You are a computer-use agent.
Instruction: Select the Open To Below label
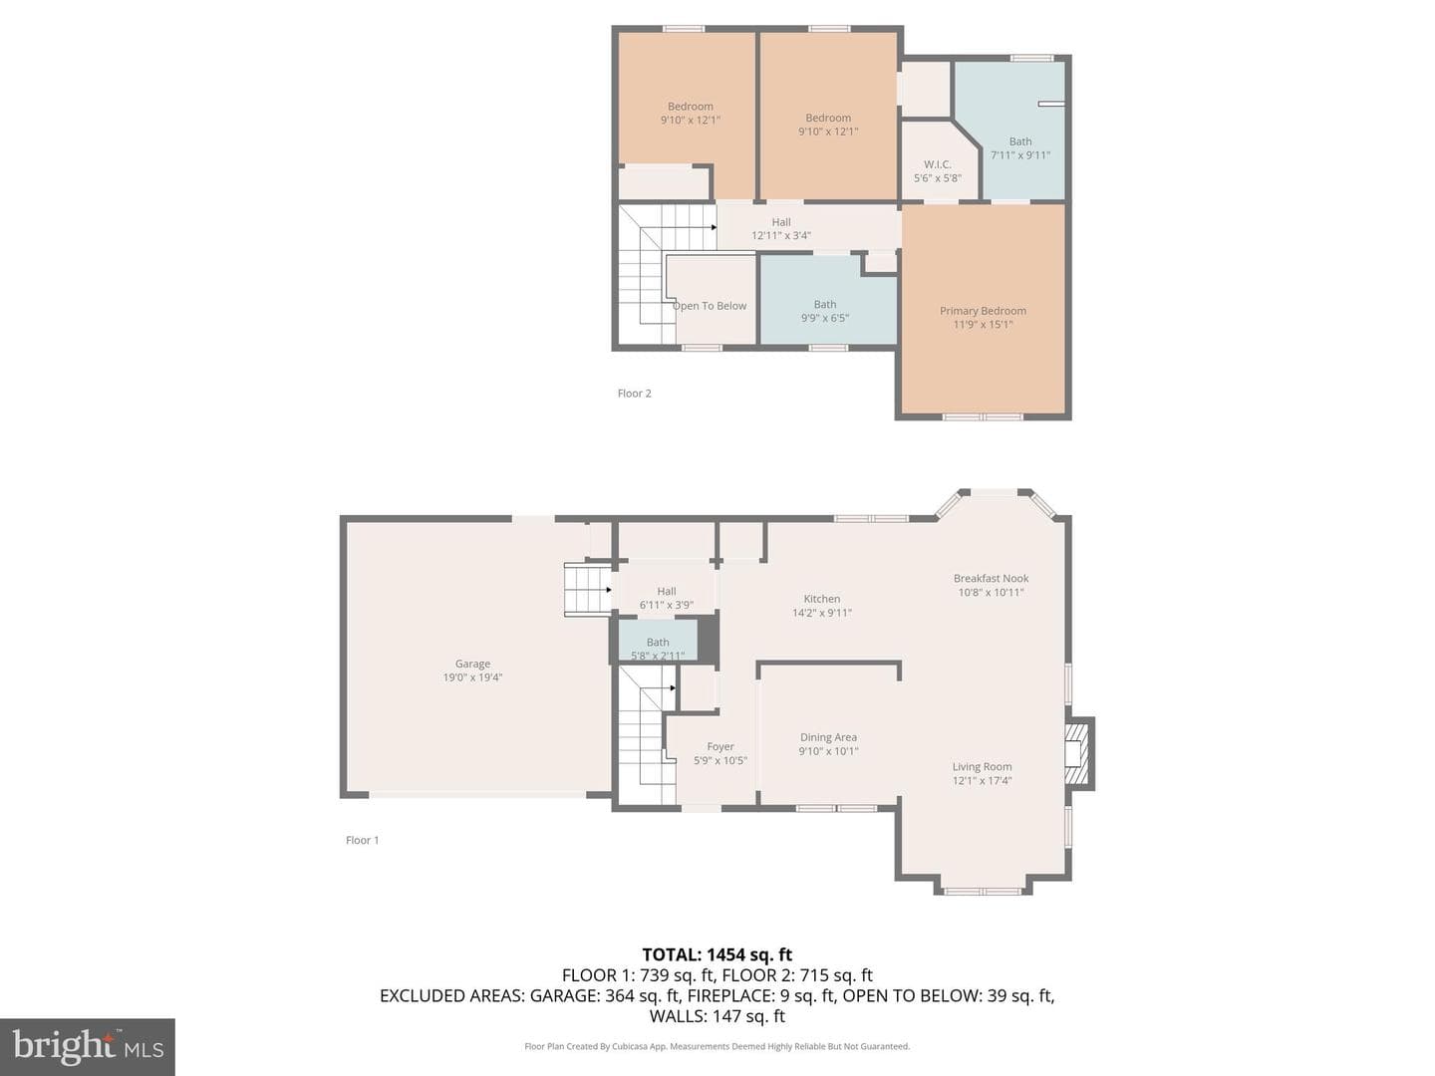(710, 306)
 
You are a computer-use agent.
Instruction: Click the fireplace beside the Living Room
(1079, 753)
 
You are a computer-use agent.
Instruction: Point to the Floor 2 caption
(634, 394)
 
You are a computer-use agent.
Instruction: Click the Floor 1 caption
(362, 840)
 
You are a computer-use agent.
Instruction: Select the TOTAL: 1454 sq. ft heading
(717, 954)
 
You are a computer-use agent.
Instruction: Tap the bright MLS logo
(87, 1046)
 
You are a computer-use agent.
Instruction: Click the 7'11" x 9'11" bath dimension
(1019, 154)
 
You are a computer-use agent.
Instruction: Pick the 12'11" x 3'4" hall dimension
(780, 235)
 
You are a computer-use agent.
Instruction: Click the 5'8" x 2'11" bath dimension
(658, 656)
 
